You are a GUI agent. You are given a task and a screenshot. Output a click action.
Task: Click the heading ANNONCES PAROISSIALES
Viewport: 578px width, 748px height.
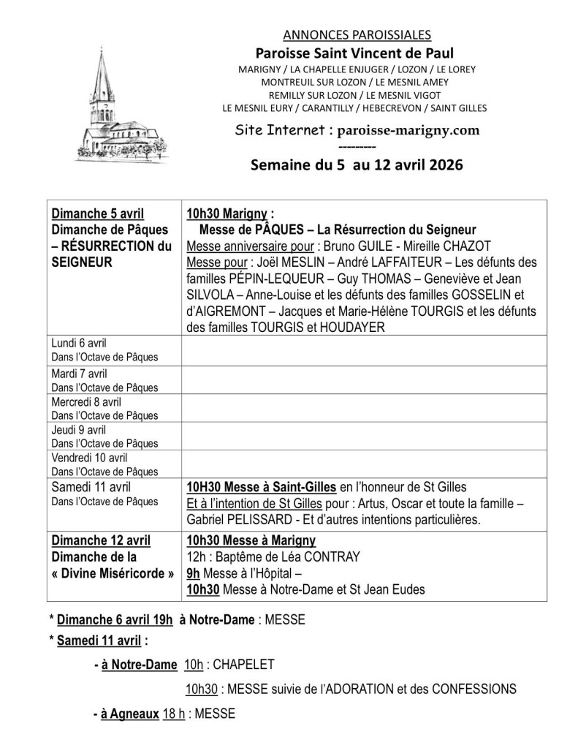click(356, 34)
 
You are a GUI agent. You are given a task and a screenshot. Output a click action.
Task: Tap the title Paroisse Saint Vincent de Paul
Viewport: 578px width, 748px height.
click(354, 53)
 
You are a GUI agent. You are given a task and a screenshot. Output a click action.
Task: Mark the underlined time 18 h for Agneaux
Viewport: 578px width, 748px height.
click(173, 714)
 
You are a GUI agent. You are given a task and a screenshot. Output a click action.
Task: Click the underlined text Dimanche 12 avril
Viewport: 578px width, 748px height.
click(101, 540)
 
